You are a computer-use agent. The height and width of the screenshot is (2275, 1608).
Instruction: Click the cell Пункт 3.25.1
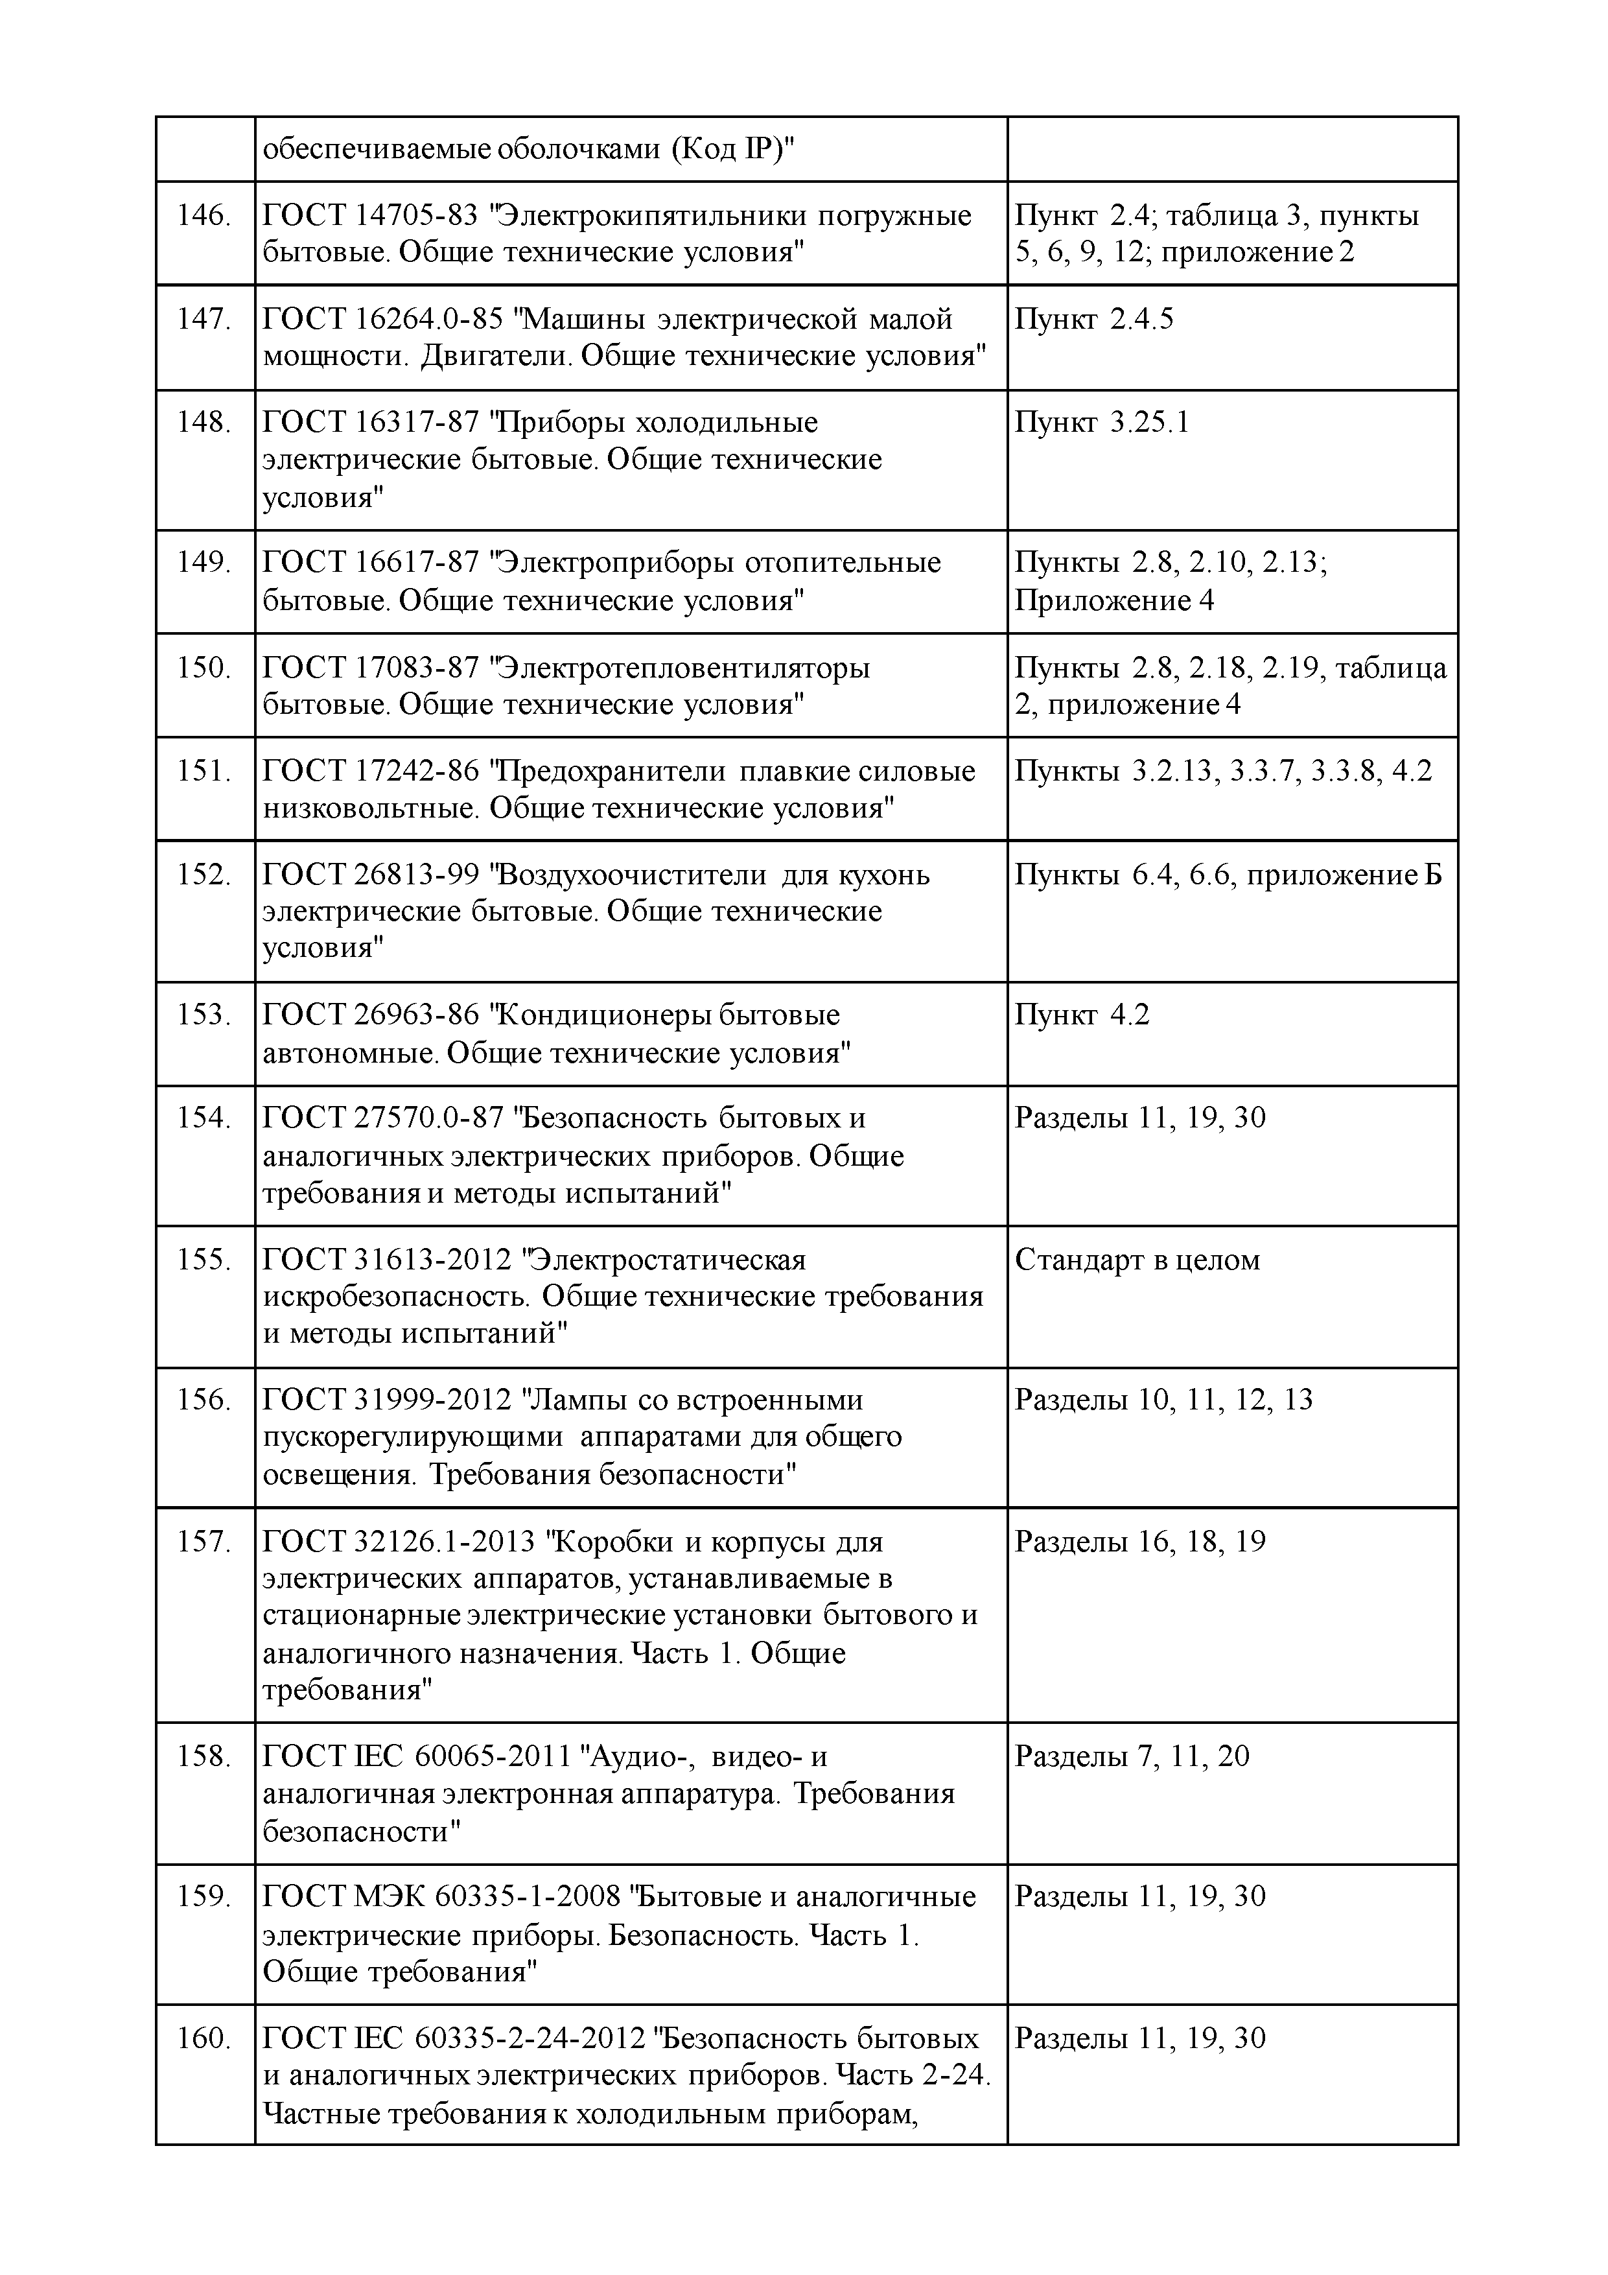pyautogui.click(x=1102, y=423)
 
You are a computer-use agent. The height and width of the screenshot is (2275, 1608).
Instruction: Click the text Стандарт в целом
pyautogui.click(x=1137, y=1260)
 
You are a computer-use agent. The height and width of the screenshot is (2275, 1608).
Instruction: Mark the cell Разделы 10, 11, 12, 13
pyautogui.click(x=1164, y=1400)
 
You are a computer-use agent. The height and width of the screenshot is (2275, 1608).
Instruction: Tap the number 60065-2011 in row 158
pyautogui.click(x=493, y=1757)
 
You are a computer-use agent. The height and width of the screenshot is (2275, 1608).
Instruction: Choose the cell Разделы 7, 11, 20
pyautogui.click(x=1132, y=1757)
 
